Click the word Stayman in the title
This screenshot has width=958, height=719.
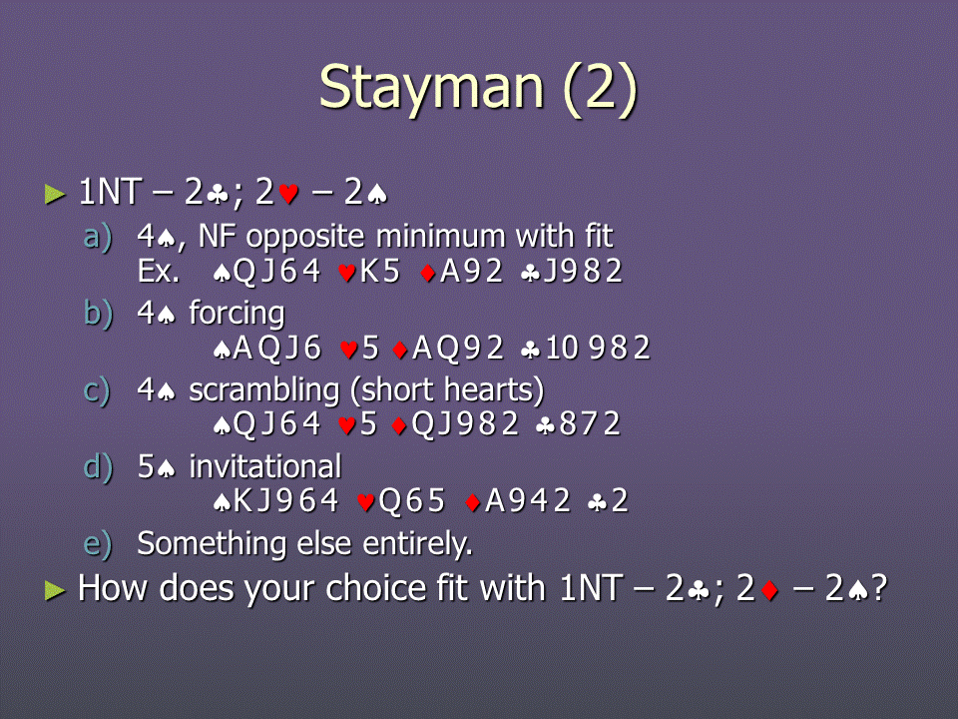pyautogui.click(x=432, y=89)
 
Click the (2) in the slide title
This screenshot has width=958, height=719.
pyautogui.click(x=601, y=90)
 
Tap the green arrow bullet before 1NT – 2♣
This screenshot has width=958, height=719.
pyautogui.click(x=55, y=195)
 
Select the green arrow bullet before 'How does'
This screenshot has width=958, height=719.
pyautogui.click(x=55, y=590)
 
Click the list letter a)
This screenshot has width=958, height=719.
pyautogui.click(x=98, y=238)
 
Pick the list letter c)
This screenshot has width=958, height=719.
pyautogui.click(x=97, y=390)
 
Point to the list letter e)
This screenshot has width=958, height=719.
pyautogui.click(x=98, y=545)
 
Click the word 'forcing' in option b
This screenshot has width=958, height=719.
pyautogui.click(x=237, y=315)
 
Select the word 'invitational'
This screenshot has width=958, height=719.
pyautogui.click(x=264, y=466)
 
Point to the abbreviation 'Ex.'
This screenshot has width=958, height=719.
pyautogui.click(x=159, y=272)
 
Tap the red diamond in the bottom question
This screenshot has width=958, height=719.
pyautogui.click(x=769, y=590)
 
